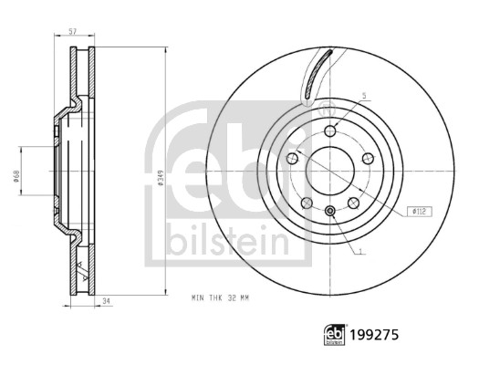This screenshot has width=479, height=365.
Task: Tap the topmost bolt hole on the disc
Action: pyautogui.click(x=330, y=131)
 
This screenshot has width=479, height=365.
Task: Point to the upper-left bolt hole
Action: pyautogui.click(x=293, y=159)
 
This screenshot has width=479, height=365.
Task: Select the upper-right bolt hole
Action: pyautogui.click(x=368, y=159)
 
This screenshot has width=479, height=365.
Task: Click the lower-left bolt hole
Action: pyautogui.click(x=307, y=203)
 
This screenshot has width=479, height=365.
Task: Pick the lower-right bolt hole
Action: pyautogui.click(x=354, y=203)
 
